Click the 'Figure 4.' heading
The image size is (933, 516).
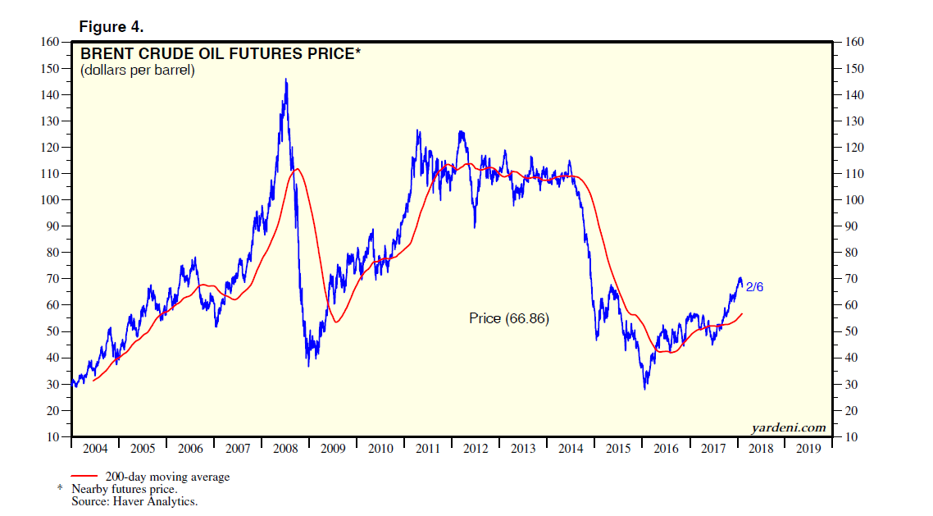[x=111, y=26]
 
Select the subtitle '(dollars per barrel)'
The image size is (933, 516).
[x=137, y=71]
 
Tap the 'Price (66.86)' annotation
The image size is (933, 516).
[x=509, y=318]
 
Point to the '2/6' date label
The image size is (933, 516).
[x=754, y=286]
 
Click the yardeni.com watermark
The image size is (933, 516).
[x=788, y=427]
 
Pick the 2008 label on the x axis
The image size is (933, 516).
[x=285, y=449]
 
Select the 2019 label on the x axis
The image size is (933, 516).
[x=808, y=449]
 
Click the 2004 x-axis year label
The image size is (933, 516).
[x=95, y=449]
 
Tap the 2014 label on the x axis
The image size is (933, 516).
[x=571, y=449]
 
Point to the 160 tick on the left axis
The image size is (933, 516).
[x=50, y=43]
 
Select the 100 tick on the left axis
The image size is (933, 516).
[x=50, y=200]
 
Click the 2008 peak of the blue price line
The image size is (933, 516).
[x=285, y=80]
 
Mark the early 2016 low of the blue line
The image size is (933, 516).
[x=645, y=387]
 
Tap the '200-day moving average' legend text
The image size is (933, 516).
[x=166, y=477]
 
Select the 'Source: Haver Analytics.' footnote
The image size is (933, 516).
[x=134, y=500]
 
